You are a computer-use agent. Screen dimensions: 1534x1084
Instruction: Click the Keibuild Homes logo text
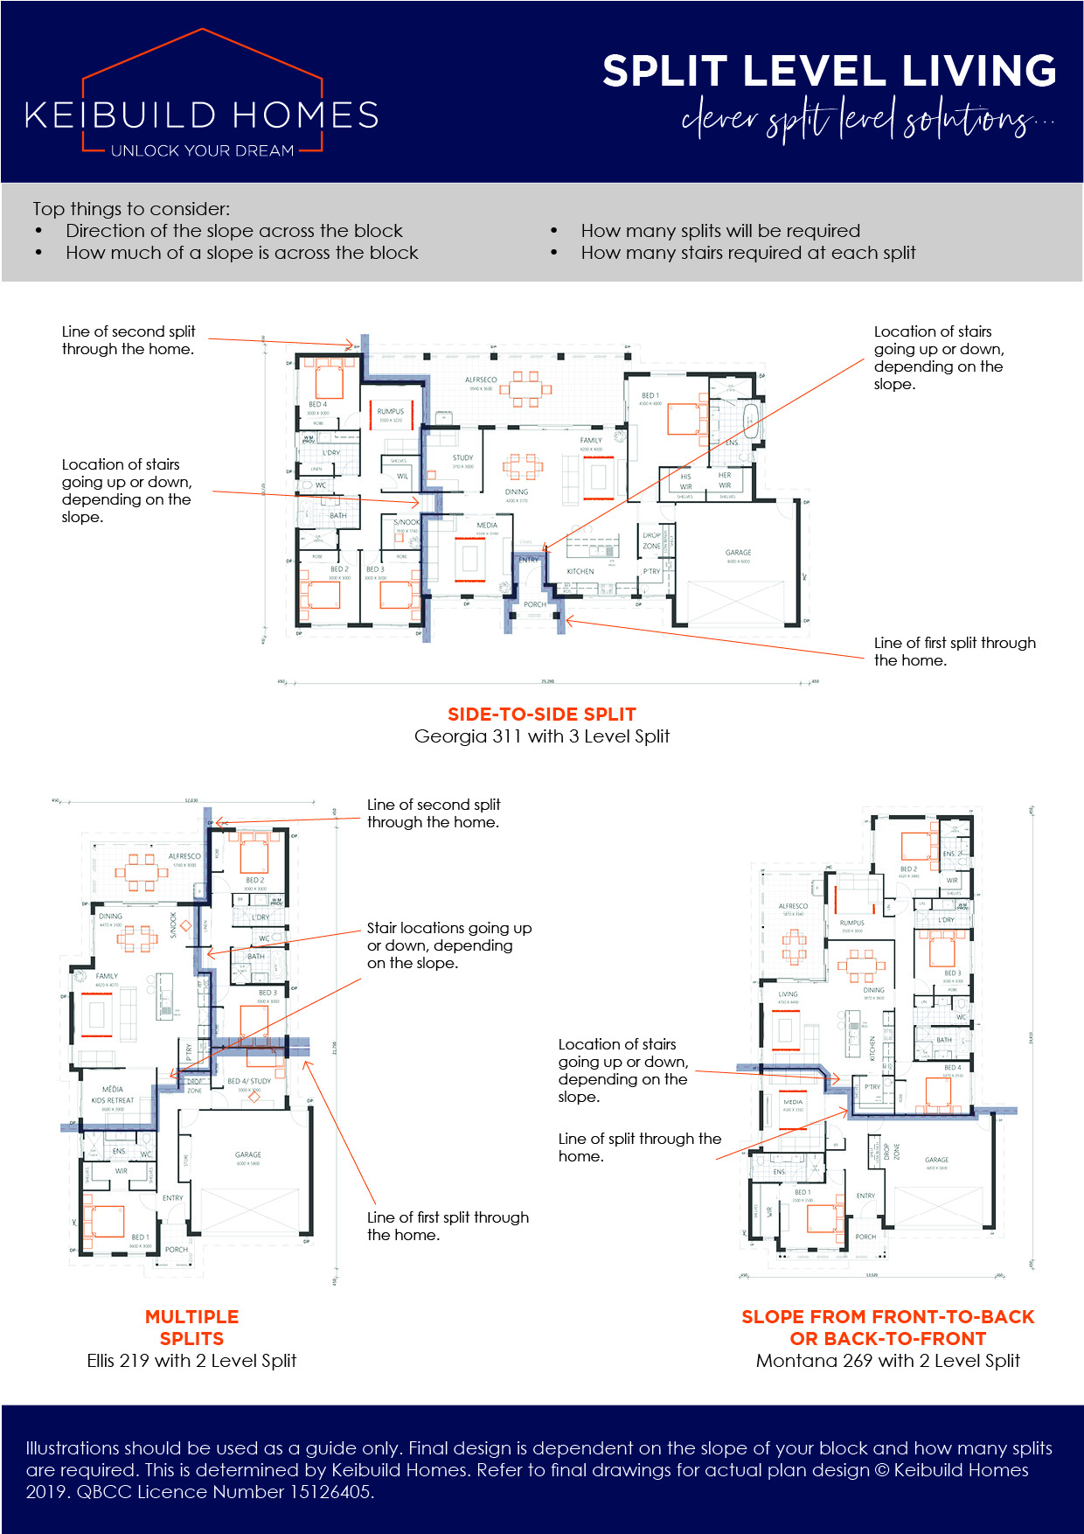pyautogui.click(x=202, y=115)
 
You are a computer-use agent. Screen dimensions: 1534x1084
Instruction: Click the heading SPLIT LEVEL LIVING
pyautogui.click(x=829, y=71)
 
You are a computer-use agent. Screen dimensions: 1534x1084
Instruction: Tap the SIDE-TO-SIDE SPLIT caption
pyautogui.click(x=541, y=715)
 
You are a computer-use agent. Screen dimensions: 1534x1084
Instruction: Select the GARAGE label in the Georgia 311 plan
pyautogui.click(x=738, y=553)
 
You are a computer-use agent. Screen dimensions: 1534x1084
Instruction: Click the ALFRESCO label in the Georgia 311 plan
pyautogui.click(x=481, y=380)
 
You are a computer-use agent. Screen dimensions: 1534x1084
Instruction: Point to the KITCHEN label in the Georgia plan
pyautogui.click(x=580, y=571)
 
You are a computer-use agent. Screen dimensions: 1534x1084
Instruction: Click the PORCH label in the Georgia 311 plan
pyautogui.click(x=535, y=604)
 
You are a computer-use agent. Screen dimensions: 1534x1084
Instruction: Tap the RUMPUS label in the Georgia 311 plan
pyautogui.click(x=391, y=411)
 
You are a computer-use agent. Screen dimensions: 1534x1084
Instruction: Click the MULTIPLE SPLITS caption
pyautogui.click(x=191, y=1328)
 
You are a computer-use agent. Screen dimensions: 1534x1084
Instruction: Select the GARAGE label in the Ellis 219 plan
pyautogui.click(x=248, y=1154)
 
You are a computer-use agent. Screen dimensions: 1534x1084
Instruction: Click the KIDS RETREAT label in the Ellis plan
pyautogui.click(x=113, y=1100)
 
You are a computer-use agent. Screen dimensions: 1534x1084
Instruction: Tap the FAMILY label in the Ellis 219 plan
pyautogui.click(x=107, y=976)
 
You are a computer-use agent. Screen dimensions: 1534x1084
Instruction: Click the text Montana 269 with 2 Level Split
pyautogui.click(x=887, y=1361)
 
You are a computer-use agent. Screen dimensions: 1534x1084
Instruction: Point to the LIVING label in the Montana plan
pyautogui.click(x=788, y=994)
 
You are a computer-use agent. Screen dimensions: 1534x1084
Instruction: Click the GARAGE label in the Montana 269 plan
pyautogui.click(x=936, y=1160)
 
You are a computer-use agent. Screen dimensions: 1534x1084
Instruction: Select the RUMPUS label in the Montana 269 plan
pyautogui.click(x=851, y=923)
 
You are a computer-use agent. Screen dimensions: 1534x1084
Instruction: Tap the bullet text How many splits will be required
pyautogui.click(x=720, y=231)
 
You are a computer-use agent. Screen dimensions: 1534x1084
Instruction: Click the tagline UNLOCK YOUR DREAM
pyautogui.click(x=202, y=151)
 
